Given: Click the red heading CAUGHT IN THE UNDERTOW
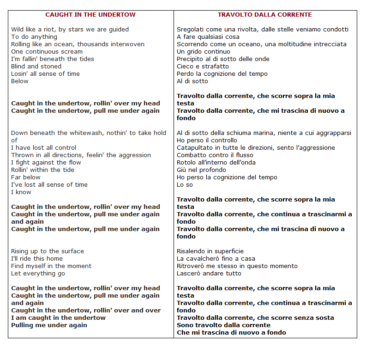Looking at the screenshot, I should click(x=90, y=15).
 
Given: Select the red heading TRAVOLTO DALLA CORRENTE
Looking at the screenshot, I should click(x=265, y=15).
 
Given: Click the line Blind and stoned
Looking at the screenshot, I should click(x=36, y=67).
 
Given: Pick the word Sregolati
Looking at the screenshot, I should click(x=191, y=30).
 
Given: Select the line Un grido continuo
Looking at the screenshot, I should click(x=204, y=52).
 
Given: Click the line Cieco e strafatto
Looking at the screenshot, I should click(x=203, y=67).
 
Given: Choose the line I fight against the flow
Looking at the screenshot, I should click(x=46, y=163).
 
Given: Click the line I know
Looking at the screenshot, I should click(x=21, y=192).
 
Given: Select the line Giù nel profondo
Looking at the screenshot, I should click(x=201, y=170).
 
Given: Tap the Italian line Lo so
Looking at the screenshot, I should click(x=185, y=185).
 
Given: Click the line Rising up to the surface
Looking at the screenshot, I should click(x=48, y=251).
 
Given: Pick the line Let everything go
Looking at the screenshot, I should click(x=38, y=274).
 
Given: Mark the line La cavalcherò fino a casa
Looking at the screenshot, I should click(x=216, y=259).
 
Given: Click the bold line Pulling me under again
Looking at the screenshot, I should click(x=49, y=325).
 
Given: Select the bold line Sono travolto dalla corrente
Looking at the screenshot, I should click(x=224, y=325).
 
